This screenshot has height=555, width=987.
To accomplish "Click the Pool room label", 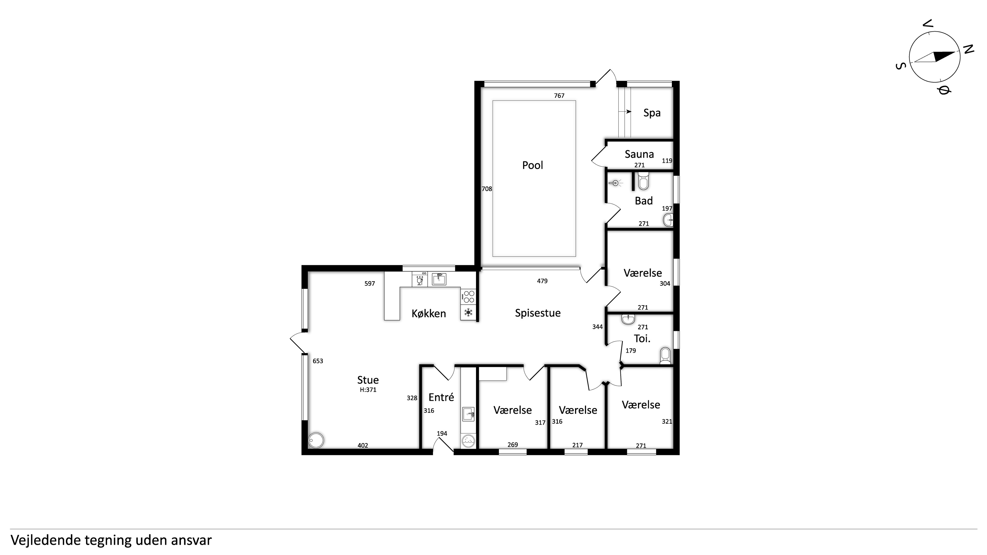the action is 533,165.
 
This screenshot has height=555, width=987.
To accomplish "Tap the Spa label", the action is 652,113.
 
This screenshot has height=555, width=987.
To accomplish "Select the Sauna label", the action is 639,154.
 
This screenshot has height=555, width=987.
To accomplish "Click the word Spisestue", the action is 537,313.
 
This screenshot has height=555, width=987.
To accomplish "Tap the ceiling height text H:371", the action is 368,390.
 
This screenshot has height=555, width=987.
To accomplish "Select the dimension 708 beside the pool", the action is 487,189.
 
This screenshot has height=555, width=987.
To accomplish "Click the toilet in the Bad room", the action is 643,181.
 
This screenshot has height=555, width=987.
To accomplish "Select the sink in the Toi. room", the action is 628,319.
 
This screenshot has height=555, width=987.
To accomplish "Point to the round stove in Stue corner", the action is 316,440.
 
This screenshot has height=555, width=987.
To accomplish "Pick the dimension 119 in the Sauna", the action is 667,161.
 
